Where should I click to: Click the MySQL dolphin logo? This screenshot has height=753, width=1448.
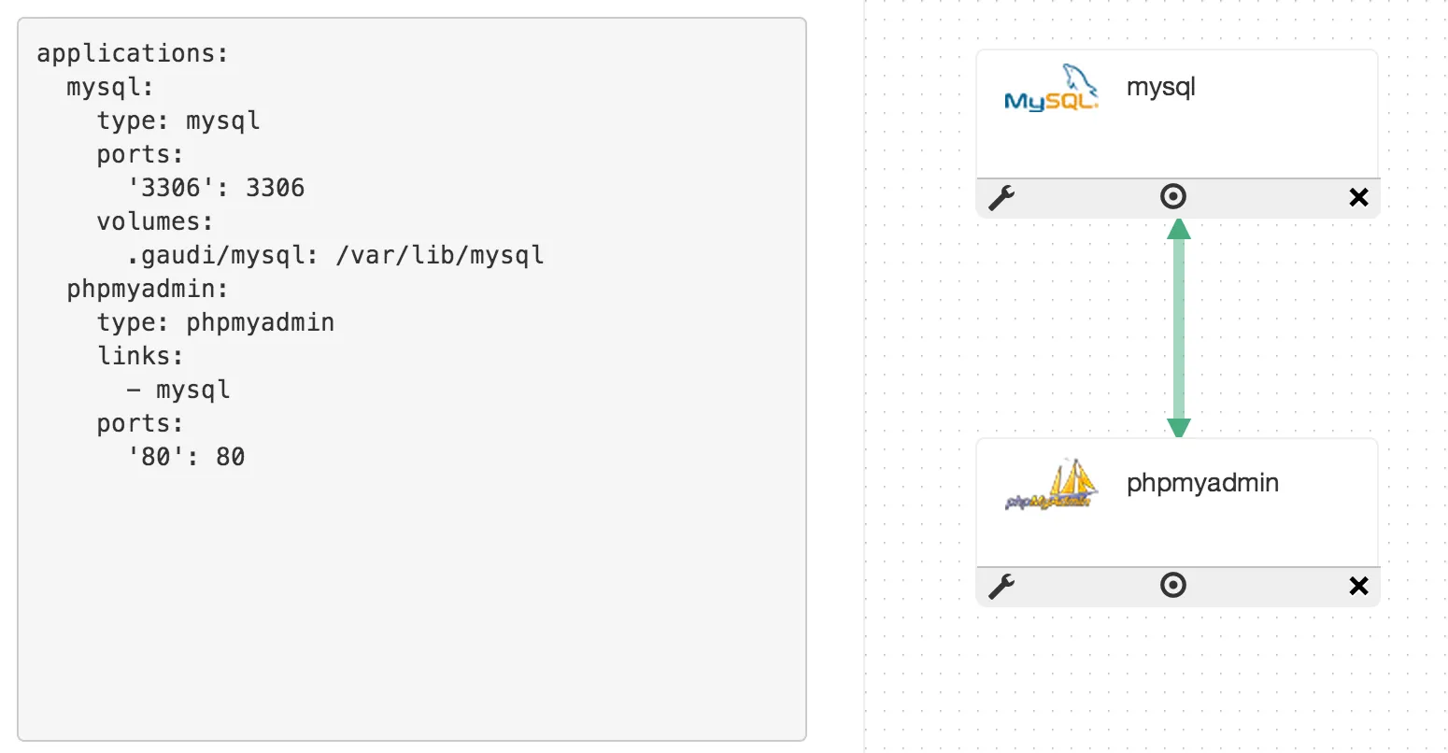1051,89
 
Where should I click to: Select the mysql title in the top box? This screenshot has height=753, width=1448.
1160,88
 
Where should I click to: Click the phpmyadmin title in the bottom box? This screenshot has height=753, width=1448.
1202,483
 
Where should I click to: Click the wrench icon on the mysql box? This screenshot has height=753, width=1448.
1001,197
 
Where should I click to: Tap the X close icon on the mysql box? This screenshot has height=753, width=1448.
1358,197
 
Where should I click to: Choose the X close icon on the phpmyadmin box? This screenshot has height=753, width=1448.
1358,586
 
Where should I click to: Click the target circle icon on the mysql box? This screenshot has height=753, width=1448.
1173,196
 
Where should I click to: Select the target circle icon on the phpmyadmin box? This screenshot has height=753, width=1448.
1173,585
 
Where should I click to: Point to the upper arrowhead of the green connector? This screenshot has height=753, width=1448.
1179,229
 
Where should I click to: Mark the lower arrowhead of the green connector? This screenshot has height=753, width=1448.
1179,427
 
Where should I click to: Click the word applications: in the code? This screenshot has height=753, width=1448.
132,53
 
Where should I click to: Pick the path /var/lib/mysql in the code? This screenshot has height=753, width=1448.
440,255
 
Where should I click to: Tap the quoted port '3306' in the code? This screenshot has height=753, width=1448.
170,188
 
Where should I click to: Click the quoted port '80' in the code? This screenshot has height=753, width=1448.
155,457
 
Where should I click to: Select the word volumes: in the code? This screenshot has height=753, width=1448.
155,221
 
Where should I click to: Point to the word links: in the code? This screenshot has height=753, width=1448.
140,356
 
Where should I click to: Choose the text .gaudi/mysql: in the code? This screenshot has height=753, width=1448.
222,255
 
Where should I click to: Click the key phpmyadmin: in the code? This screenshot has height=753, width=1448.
148,289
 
